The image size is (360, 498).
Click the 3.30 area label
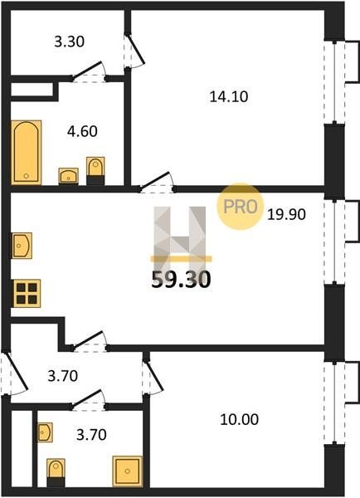[69, 41]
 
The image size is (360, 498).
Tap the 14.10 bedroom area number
[229, 96]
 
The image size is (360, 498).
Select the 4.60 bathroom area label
[82, 131]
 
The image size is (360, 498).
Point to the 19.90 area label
[286, 214]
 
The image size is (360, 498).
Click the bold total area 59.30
[181, 280]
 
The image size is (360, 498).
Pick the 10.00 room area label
[240, 419]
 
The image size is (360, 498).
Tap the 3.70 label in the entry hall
[62, 376]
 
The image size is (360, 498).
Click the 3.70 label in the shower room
[91, 434]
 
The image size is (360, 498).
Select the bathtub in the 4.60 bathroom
[27, 153]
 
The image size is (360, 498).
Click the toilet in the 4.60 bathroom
[95, 171]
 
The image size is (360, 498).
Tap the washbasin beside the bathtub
[69, 176]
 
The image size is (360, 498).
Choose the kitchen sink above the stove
[22, 246]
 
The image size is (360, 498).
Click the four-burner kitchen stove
[26, 294]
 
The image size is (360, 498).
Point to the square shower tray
[127, 471]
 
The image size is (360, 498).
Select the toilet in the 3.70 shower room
[56, 473]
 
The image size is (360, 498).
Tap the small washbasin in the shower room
[45, 432]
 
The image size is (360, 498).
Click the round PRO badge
[241, 207]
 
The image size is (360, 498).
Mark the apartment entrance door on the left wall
[13, 373]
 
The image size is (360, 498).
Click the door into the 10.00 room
[153, 377]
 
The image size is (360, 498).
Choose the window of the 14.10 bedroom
[334, 82]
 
